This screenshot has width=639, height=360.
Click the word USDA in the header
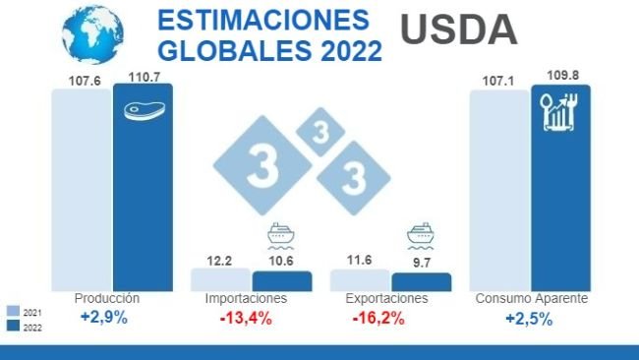click(460, 30)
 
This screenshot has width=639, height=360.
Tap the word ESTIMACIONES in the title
click(263, 21)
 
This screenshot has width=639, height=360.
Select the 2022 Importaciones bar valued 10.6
click(281, 280)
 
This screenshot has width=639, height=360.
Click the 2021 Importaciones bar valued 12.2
click(220, 278)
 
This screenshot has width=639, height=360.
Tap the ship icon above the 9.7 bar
click(421, 237)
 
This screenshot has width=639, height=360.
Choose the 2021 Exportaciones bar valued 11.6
click(360, 279)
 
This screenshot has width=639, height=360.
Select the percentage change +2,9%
click(104, 318)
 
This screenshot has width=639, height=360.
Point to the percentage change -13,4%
click(245, 318)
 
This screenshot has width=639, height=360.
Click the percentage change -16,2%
click(378, 318)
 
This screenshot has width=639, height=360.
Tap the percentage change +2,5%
click(529, 319)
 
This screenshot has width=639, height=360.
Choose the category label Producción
click(107, 298)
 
